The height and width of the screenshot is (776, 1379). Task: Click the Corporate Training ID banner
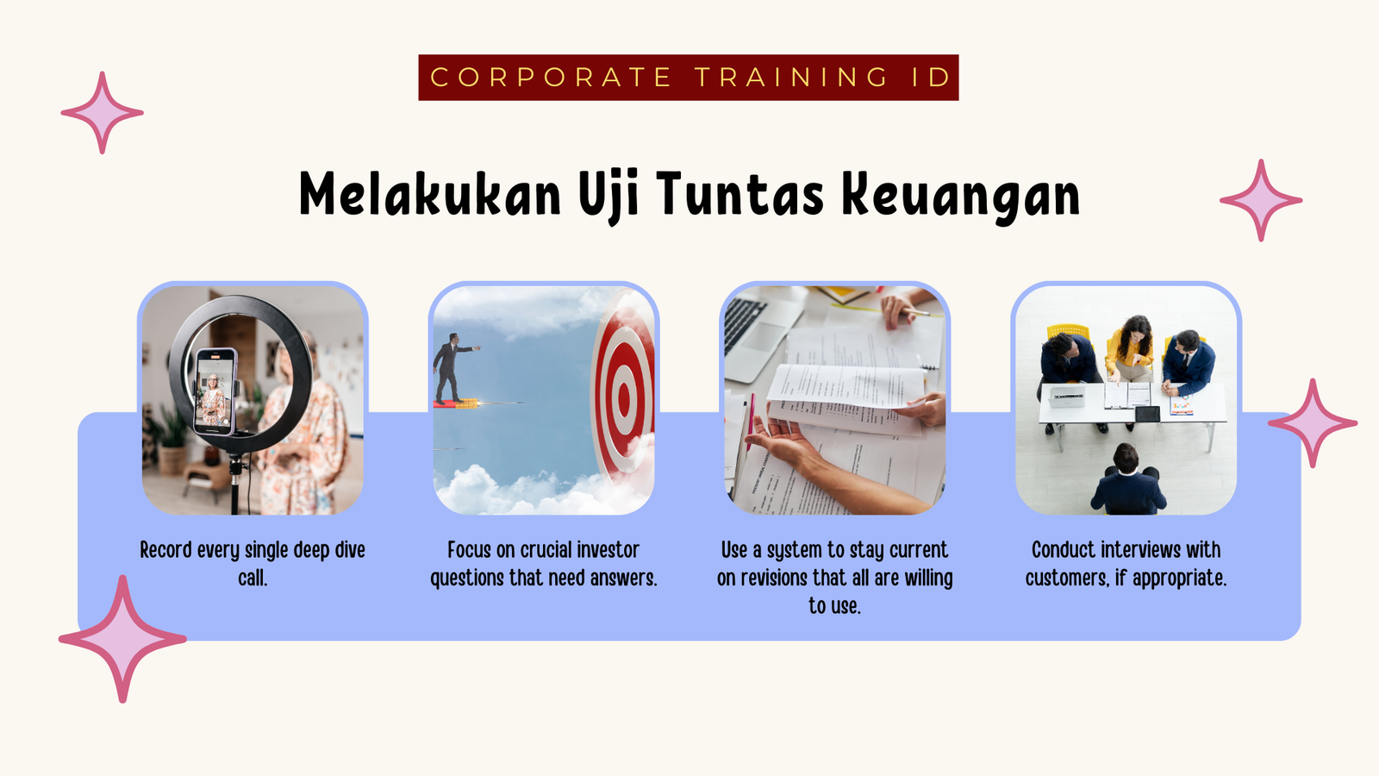[689, 78]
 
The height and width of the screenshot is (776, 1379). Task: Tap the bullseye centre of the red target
[624, 395]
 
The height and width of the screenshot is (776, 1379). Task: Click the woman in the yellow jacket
[1130, 348]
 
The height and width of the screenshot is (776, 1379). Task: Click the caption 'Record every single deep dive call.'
[253, 564]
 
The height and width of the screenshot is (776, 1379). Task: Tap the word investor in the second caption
[608, 549]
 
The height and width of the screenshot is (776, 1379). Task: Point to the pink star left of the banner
[103, 113]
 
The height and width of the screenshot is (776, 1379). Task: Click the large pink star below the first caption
[122, 639]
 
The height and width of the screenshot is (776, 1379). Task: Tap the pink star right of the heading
[1261, 200]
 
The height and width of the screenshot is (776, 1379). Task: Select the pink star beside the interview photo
[1313, 423]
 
